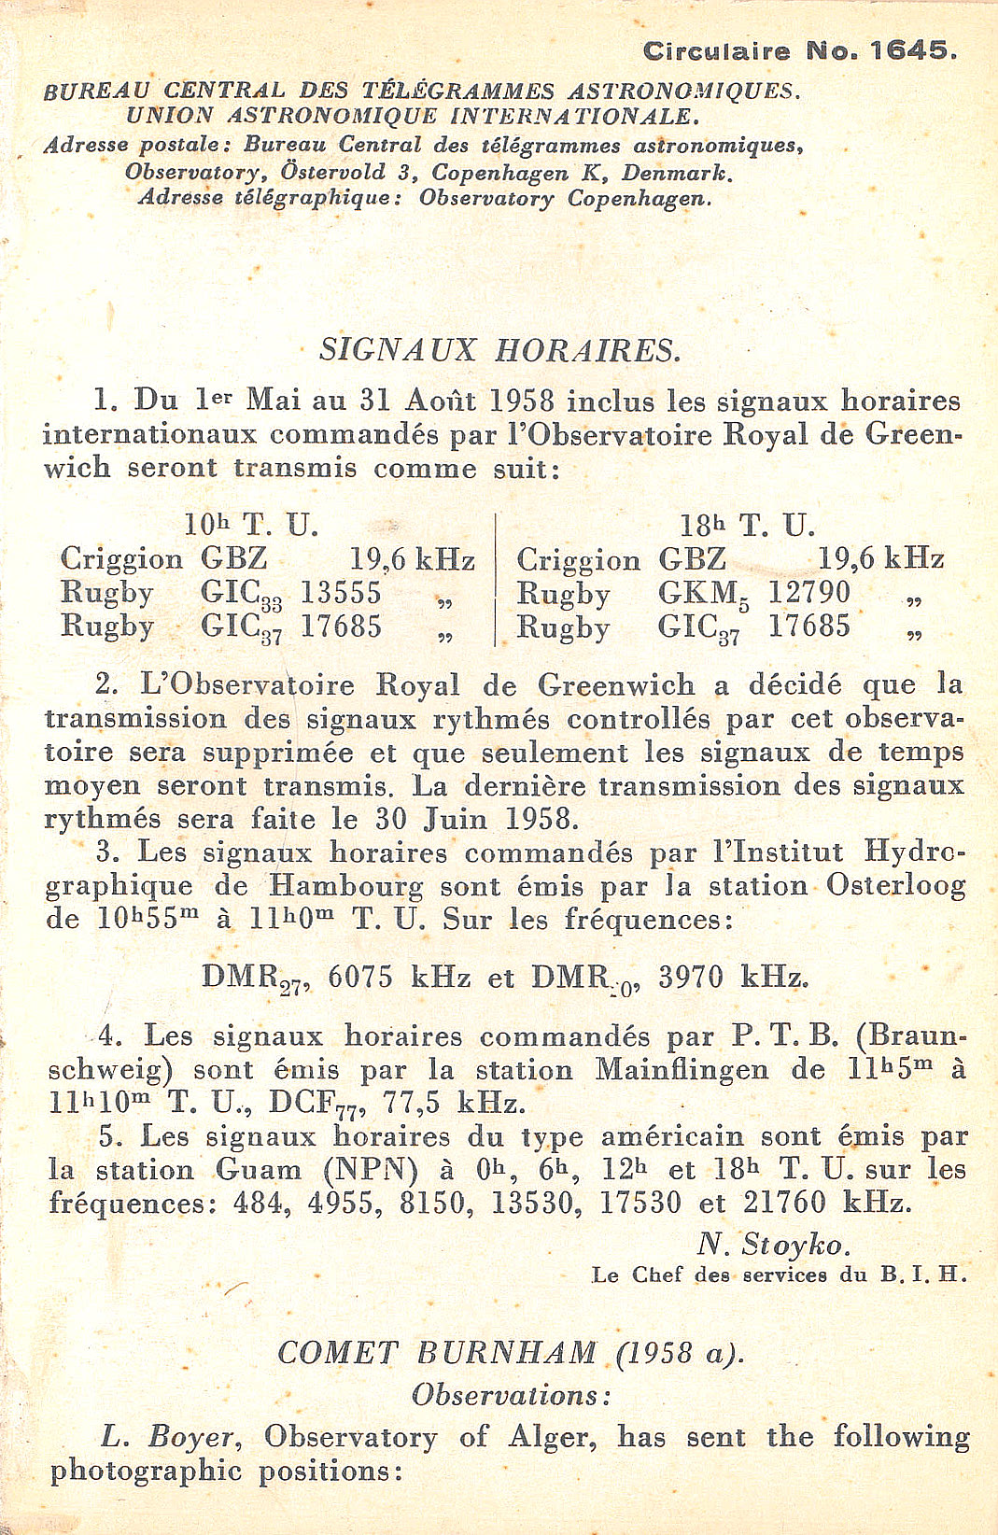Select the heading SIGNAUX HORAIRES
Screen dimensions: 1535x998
tap(499, 350)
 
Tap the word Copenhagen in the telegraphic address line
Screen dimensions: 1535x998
tap(639, 199)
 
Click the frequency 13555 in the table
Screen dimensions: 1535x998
tap(341, 593)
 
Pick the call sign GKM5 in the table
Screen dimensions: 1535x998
tap(698, 594)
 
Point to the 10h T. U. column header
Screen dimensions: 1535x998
tap(251, 525)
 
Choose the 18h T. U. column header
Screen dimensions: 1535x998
tap(747, 525)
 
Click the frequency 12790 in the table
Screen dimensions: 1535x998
tap(808, 593)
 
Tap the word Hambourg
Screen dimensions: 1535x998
tap(345, 885)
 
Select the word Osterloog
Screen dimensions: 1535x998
tap(895, 885)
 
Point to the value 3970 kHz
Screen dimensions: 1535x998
tap(733, 978)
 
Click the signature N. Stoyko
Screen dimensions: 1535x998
tap(773, 1244)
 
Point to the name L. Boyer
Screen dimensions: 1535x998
tap(172, 1437)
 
